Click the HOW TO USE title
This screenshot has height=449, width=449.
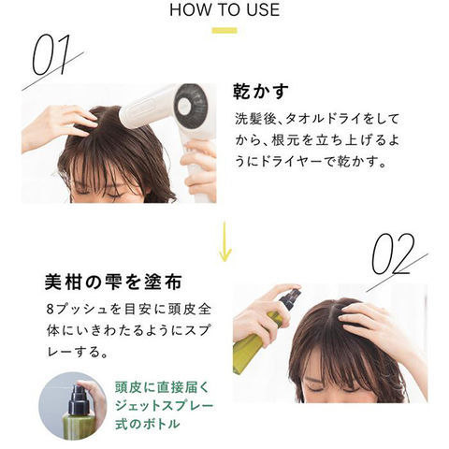click(224, 9)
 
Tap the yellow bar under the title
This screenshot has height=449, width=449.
click(224, 31)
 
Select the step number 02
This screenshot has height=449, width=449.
click(394, 254)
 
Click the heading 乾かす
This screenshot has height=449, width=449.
click(261, 91)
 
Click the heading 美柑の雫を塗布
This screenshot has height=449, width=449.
click(113, 282)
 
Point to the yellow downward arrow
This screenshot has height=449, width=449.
click(224, 241)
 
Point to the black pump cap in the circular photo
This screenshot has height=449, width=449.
click(78, 399)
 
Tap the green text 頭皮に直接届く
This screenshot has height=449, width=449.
click(162, 387)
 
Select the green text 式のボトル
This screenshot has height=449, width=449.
click(147, 424)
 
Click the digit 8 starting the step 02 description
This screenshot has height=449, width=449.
click(51, 310)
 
